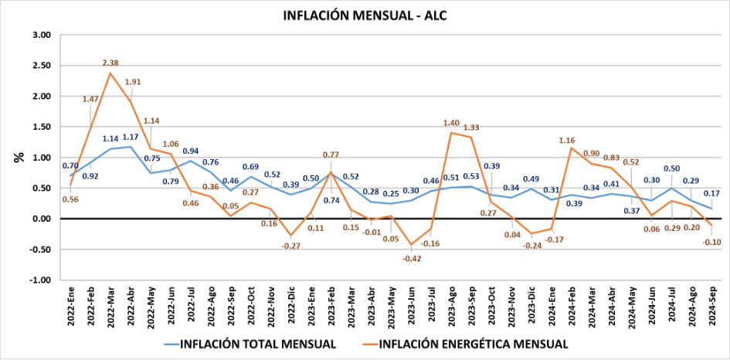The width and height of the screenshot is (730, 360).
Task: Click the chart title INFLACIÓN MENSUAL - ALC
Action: pos(365,15)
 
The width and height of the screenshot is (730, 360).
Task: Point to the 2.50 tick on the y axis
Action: pos(39,66)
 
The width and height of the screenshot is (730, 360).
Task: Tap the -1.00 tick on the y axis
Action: pos(38,280)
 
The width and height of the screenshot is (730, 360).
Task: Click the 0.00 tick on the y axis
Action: pos(39,219)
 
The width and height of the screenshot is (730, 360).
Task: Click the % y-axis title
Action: pos(17,157)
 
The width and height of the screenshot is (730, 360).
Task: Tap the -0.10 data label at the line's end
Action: pos(711,242)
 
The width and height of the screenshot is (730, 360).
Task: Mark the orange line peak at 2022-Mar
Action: pos(110,73)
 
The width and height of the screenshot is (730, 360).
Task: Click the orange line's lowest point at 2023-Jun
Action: pos(411,244)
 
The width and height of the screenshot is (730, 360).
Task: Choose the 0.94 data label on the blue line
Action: pos(191,151)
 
